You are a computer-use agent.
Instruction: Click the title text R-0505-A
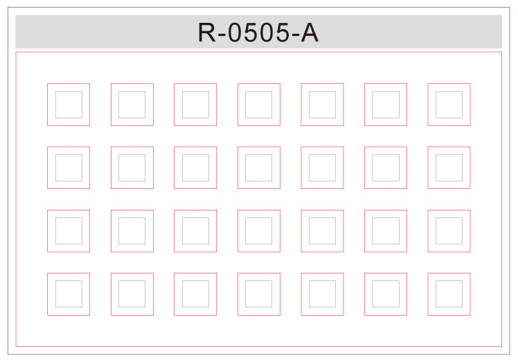[x=258, y=33]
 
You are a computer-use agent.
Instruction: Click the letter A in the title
[x=310, y=33]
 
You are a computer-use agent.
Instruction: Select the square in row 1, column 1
[x=69, y=105]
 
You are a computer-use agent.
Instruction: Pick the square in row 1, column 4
[x=259, y=105]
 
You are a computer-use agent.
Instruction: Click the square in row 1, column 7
[x=449, y=105]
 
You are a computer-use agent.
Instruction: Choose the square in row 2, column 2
[x=132, y=168]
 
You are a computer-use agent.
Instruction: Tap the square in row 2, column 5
[x=322, y=168]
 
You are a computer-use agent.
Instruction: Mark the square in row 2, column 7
[x=449, y=168]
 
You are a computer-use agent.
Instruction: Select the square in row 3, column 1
[x=69, y=231]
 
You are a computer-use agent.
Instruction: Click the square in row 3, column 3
[x=195, y=231]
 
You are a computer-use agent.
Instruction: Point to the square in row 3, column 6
[x=386, y=231]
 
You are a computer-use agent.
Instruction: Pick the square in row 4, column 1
[x=69, y=294]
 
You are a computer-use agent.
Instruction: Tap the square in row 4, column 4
[x=259, y=294]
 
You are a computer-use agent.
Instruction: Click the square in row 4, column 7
[x=449, y=294]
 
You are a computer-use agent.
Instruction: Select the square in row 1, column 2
[x=132, y=105]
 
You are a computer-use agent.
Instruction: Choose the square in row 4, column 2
[x=132, y=294]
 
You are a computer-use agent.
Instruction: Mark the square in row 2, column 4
[x=259, y=168]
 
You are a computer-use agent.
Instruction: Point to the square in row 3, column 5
[x=322, y=231]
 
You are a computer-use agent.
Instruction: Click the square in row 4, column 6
[x=386, y=294]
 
